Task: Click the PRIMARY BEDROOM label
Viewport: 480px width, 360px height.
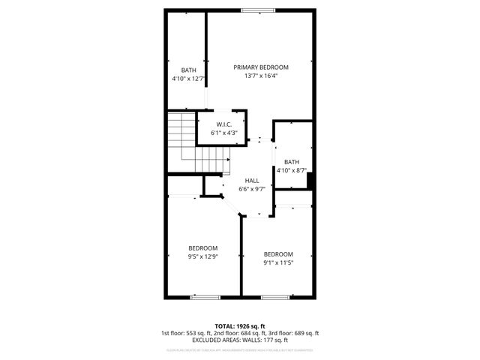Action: click(260, 67)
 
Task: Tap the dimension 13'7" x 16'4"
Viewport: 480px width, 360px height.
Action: click(260, 76)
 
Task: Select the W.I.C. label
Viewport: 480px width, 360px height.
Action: click(223, 124)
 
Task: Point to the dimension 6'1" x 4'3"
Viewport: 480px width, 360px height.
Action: click(223, 133)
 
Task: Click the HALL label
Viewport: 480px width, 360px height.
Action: click(252, 181)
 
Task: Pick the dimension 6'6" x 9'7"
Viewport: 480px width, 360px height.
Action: click(252, 189)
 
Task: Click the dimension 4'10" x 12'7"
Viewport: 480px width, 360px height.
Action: click(188, 78)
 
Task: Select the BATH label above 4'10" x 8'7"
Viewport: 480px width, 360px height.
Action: click(291, 162)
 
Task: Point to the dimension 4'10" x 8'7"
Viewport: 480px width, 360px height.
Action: click(291, 170)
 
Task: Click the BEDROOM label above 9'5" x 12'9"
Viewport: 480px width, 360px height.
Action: click(202, 248)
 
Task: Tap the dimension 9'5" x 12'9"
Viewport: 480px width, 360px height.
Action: click(202, 256)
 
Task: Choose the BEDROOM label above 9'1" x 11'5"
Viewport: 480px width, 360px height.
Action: click(277, 253)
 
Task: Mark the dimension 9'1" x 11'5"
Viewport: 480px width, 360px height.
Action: click(277, 262)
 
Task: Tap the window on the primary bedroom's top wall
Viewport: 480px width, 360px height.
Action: click(252, 10)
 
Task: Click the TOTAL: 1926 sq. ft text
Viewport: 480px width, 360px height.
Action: click(239, 326)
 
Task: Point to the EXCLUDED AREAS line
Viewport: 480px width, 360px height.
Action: click(239, 340)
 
